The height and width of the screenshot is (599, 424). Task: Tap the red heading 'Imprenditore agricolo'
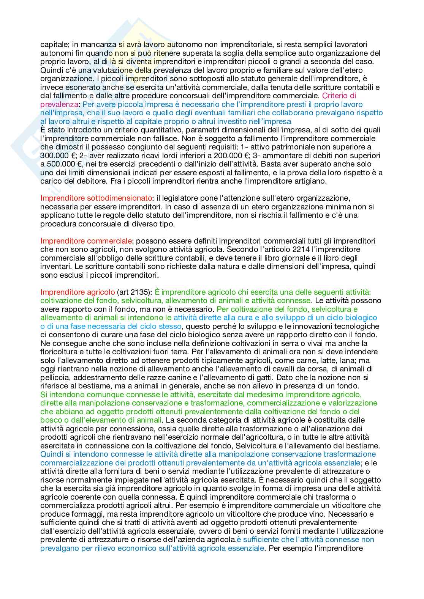point(78,292)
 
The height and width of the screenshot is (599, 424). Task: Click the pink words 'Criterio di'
point(337,96)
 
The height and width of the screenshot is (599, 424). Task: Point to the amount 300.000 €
point(57,156)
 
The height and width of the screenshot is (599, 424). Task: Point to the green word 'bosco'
point(50,420)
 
